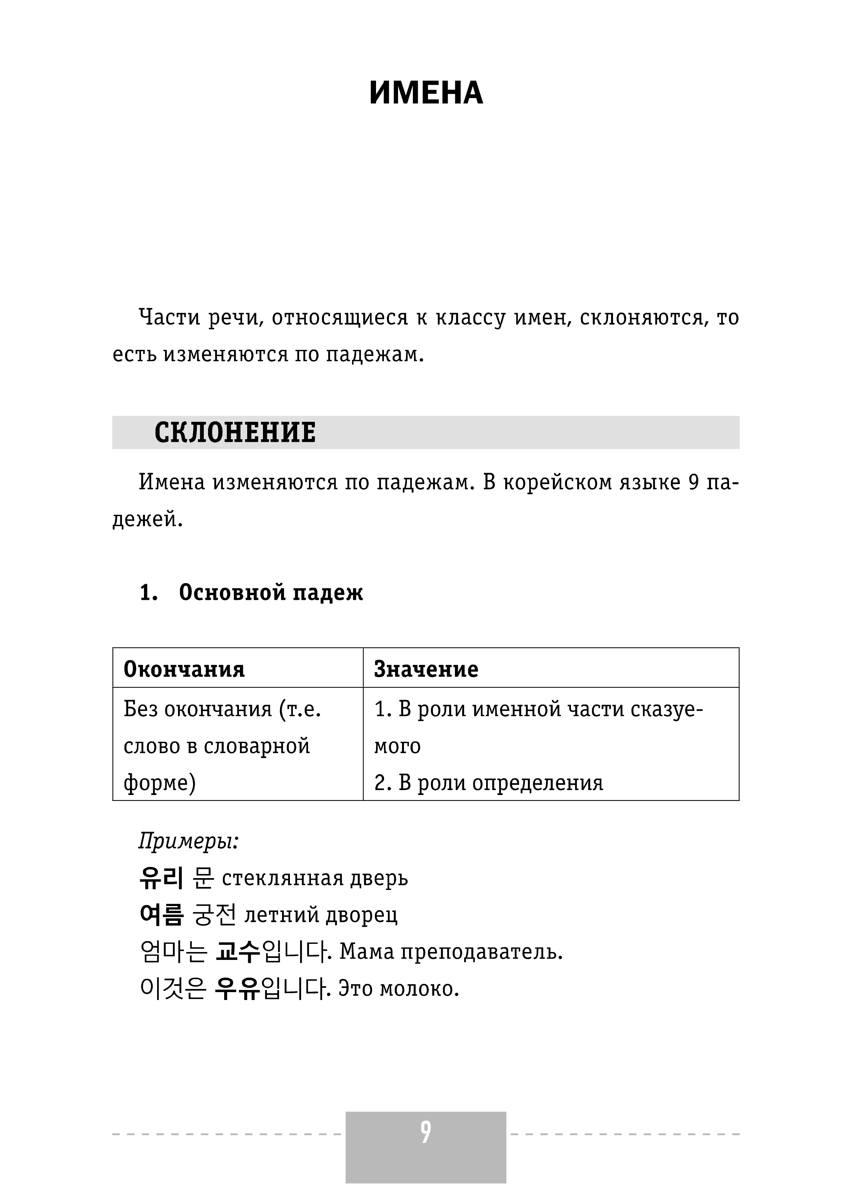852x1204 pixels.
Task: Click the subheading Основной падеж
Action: point(271,593)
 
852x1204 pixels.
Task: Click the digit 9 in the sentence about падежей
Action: point(694,483)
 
